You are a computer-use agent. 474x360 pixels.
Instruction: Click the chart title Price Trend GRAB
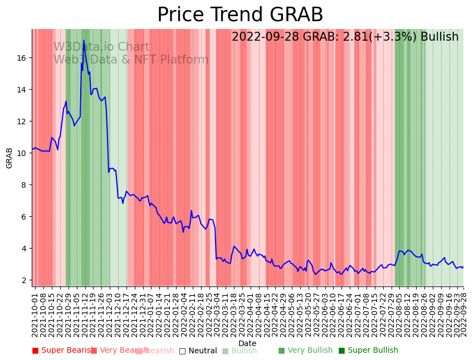point(240,15)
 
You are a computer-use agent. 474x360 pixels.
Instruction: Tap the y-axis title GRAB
point(9,158)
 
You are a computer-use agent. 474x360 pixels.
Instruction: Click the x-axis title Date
point(247,343)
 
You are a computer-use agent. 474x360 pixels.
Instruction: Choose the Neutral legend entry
point(198,351)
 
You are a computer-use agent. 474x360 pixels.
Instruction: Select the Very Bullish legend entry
point(305,351)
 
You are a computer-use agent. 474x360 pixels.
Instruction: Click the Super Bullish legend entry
point(368,351)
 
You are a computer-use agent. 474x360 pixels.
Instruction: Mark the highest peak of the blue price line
point(84,41)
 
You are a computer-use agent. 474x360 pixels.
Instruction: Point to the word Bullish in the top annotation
point(439,37)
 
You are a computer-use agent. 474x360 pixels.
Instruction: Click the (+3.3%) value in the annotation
point(393,37)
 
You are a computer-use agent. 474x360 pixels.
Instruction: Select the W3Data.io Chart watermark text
point(101,47)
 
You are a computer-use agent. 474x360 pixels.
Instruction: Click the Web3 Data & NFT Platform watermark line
point(131,60)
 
